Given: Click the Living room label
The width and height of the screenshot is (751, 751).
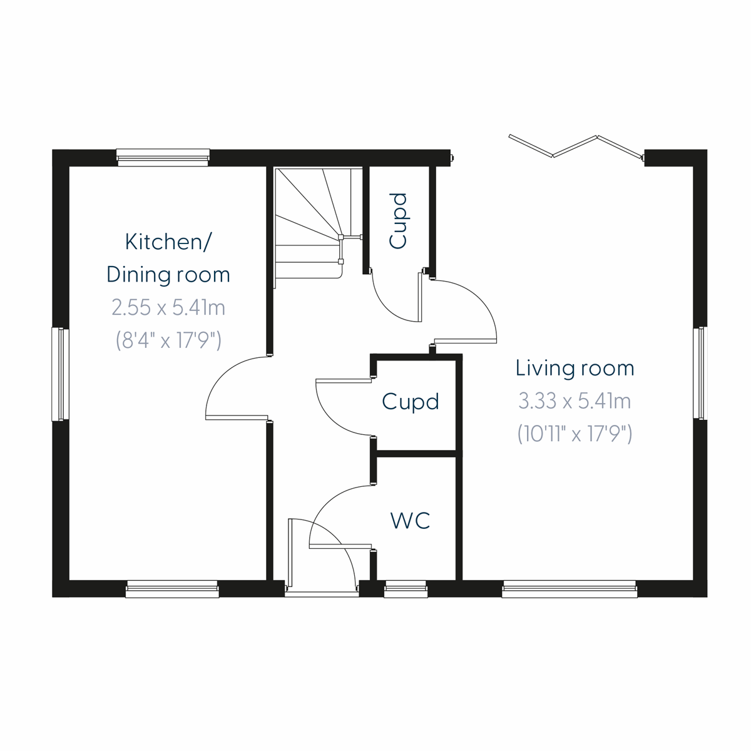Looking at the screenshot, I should point(575,368).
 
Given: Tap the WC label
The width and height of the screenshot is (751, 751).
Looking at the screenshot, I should point(411,520).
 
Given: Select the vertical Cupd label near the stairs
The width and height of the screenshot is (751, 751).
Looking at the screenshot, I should point(398,221).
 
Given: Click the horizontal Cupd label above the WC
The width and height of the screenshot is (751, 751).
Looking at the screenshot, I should point(411,402).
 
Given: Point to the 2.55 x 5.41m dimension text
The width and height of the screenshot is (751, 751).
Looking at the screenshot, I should point(168,307).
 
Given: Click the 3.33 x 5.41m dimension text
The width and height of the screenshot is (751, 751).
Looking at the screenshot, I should point(575,401).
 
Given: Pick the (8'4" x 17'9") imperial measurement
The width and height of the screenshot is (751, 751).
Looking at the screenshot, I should point(168,340).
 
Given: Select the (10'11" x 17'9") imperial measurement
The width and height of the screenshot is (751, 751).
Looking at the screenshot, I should point(575,433).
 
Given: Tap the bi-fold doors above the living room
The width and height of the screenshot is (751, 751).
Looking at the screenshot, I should point(576,146).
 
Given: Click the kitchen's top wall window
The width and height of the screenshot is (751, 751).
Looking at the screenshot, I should point(163,157).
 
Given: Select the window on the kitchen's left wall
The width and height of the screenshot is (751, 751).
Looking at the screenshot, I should point(61,374).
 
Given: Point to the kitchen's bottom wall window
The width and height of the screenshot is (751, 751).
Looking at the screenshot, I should point(172,589).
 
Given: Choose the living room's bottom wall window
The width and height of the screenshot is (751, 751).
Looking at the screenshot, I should point(570,589).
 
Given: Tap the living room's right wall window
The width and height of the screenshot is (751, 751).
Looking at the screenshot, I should point(700,373).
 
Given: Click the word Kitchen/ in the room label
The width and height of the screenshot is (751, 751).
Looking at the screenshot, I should point(168,242).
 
